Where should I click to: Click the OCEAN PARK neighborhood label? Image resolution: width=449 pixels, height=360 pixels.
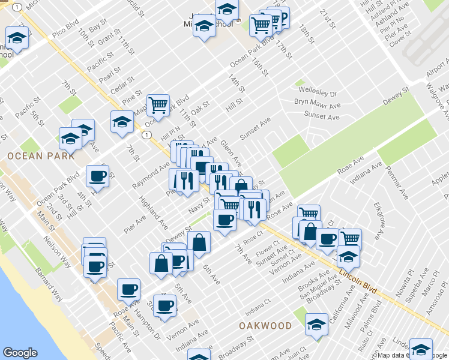point(41,156)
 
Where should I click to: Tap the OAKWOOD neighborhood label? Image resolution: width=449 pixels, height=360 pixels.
point(265,326)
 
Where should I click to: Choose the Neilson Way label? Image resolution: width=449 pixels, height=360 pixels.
point(48,243)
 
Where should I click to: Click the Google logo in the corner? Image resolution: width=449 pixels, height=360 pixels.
point(20,353)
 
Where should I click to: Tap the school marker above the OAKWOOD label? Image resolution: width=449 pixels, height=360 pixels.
point(316,325)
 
